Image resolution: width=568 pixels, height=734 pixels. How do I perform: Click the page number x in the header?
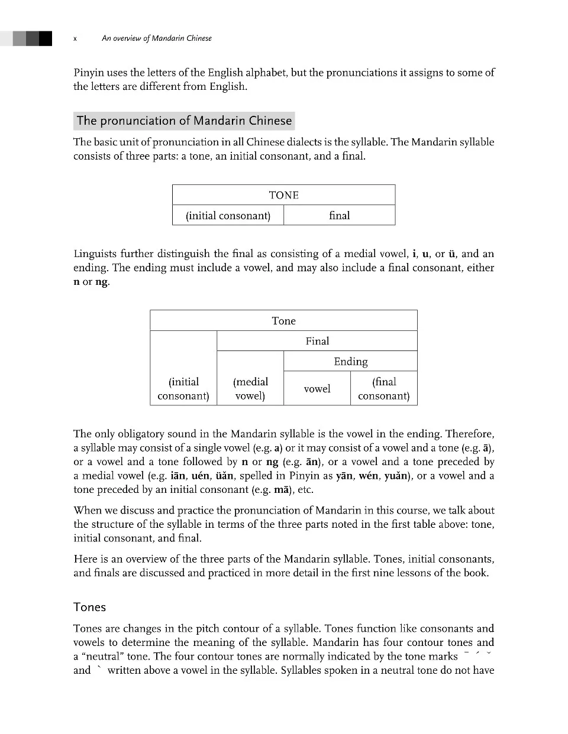click(x=75, y=38)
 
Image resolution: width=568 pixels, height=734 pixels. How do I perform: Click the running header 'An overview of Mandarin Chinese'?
click(x=156, y=38)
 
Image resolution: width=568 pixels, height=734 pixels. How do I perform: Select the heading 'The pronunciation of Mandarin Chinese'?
click(x=184, y=121)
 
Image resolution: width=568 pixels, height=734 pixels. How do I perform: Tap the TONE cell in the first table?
click(x=283, y=195)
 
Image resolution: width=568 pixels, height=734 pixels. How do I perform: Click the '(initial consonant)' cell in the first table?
click(x=228, y=216)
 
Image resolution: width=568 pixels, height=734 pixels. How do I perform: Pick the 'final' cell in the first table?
click(x=339, y=216)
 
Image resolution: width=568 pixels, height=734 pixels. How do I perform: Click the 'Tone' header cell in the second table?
click(x=283, y=321)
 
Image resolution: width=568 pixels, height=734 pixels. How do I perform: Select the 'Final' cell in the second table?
click(x=317, y=341)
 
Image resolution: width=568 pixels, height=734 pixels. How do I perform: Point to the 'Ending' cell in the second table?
click(x=350, y=362)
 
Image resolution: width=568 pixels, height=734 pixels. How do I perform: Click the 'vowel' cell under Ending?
click(x=317, y=389)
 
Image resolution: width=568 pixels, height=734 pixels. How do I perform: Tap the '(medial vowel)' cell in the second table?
click(x=250, y=389)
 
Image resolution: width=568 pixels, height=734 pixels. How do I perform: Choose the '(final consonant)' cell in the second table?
click(x=383, y=389)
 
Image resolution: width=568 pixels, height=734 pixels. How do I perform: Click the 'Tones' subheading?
click(x=89, y=607)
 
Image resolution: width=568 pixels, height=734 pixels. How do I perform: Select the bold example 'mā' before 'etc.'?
click(x=280, y=490)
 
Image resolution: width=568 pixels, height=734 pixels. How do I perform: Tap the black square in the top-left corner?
click(x=45, y=38)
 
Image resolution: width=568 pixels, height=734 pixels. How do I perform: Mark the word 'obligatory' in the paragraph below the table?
click(x=139, y=434)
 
